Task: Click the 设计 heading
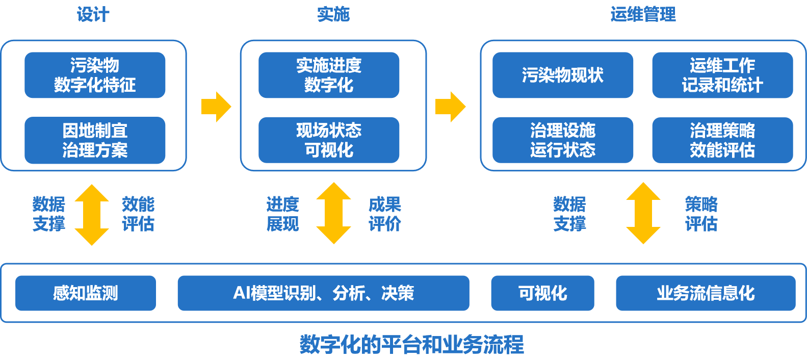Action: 93,14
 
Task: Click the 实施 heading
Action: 333,14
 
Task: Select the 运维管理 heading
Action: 643,14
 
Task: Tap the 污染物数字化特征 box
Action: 95,75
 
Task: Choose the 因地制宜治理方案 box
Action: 95,140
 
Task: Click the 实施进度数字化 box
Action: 329,75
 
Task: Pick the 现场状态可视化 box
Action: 329,140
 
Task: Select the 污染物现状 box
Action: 562,75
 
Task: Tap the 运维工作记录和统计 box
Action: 722,75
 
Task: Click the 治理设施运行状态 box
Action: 562,140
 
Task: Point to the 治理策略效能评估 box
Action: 722,140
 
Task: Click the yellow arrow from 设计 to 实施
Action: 216,107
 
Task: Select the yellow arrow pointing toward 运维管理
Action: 450,107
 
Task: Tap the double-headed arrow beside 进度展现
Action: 333,214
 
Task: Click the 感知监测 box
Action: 86,293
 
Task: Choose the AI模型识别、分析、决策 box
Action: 323,293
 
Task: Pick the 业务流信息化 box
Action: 706,293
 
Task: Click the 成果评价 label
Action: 384,214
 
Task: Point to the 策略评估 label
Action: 701,214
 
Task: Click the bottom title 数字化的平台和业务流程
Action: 411,345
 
